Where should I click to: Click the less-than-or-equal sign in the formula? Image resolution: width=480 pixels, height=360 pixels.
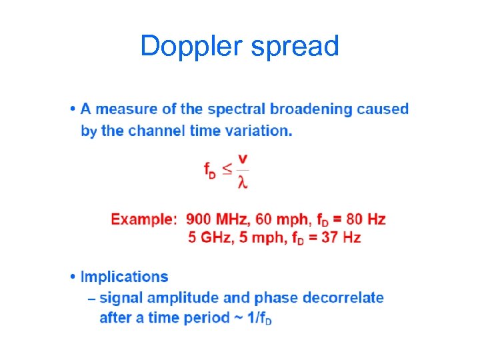(227, 169)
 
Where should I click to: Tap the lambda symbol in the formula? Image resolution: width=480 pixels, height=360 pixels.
(243, 181)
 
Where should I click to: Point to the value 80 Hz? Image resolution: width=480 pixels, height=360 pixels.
(365, 219)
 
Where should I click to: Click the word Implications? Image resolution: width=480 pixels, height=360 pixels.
(124, 277)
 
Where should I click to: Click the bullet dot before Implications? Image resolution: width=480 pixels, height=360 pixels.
(73, 277)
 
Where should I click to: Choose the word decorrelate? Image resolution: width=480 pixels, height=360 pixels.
(343, 298)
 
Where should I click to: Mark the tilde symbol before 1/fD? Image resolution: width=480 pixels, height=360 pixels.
(237, 318)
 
